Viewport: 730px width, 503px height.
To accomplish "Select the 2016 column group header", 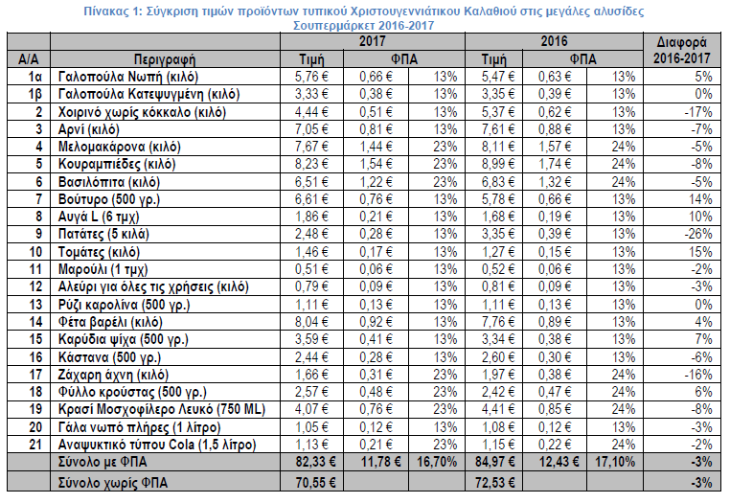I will pos(555,42).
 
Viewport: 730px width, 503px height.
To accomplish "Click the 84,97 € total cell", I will pos(491,464).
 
